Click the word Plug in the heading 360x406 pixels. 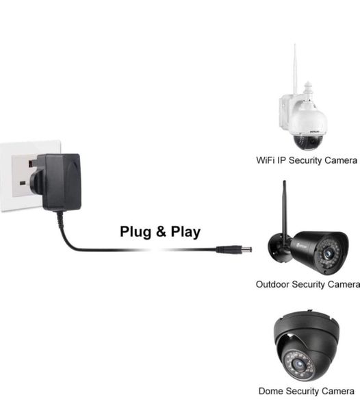tap(136, 231)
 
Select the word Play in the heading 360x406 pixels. tap(185, 231)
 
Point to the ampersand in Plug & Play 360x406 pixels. tap(161, 231)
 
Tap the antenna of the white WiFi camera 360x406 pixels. tap(295, 70)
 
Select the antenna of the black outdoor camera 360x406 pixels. tap(285, 210)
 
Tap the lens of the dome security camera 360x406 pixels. tap(299, 364)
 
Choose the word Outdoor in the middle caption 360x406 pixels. tap(272, 284)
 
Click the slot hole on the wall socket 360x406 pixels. tap(23, 183)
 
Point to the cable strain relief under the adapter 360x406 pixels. tap(60, 220)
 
